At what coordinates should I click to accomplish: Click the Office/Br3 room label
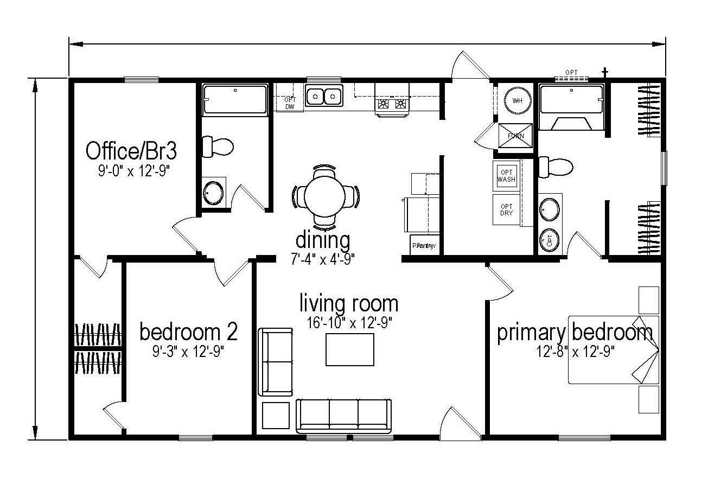(x=131, y=150)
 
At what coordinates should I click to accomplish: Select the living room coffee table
(x=349, y=349)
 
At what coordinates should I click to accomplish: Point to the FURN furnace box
(x=515, y=136)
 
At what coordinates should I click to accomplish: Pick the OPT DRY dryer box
(x=506, y=210)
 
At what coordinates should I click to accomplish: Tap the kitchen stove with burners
(x=392, y=104)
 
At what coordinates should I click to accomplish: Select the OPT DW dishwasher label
(x=290, y=103)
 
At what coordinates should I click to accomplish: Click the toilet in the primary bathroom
(x=556, y=166)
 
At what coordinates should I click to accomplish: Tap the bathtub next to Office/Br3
(x=235, y=99)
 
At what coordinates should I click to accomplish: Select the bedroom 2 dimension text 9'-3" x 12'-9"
(x=188, y=352)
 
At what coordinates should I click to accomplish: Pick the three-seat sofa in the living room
(x=344, y=416)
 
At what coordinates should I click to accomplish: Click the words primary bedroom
(x=575, y=333)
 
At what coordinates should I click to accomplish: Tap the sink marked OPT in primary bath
(x=550, y=239)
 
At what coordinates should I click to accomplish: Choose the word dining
(x=323, y=239)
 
